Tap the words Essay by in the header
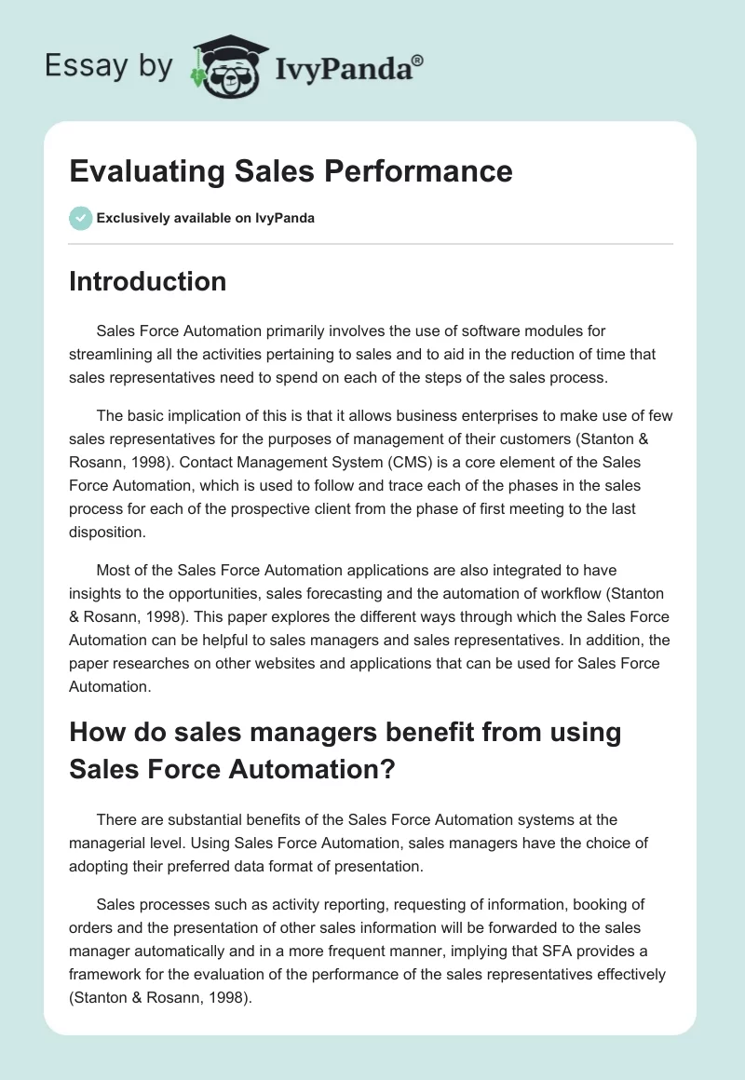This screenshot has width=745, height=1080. pos(108,66)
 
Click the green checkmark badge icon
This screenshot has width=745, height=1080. pos(80,218)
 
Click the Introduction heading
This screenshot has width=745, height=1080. pos(147,281)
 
